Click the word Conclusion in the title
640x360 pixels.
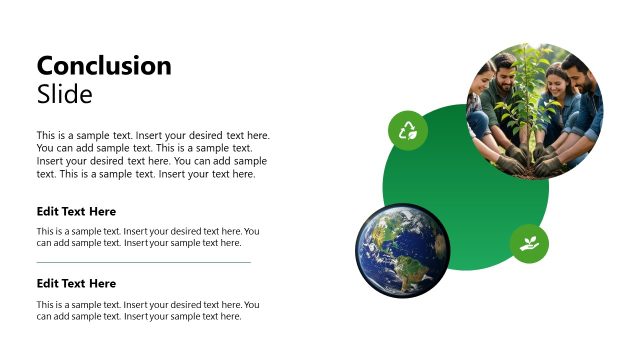pyautogui.click(x=104, y=66)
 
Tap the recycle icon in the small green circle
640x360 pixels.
pyautogui.click(x=408, y=130)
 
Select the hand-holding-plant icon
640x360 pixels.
pyautogui.click(x=529, y=243)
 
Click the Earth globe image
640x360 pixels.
pyautogui.click(x=402, y=250)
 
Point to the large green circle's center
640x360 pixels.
pyautogui.click(x=466, y=187)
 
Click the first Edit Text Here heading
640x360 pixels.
pyautogui.click(x=76, y=212)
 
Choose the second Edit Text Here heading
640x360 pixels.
pyautogui.click(x=76, y=284)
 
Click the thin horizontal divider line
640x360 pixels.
pyautogui.click(x=143, y=262)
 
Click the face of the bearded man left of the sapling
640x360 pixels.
pyautogui.click(x=505, y=72)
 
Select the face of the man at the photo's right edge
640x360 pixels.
pyautogui.click(x=577, y=72)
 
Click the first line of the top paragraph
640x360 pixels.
pyautogui.click(x=153, y=135)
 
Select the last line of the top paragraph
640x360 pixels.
pyautogui.click(x=146, y=174)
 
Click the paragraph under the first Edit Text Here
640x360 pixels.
pyautogui.click(x=148, y=237)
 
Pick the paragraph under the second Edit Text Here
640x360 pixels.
pyautogui.click(x=148, y=310)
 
